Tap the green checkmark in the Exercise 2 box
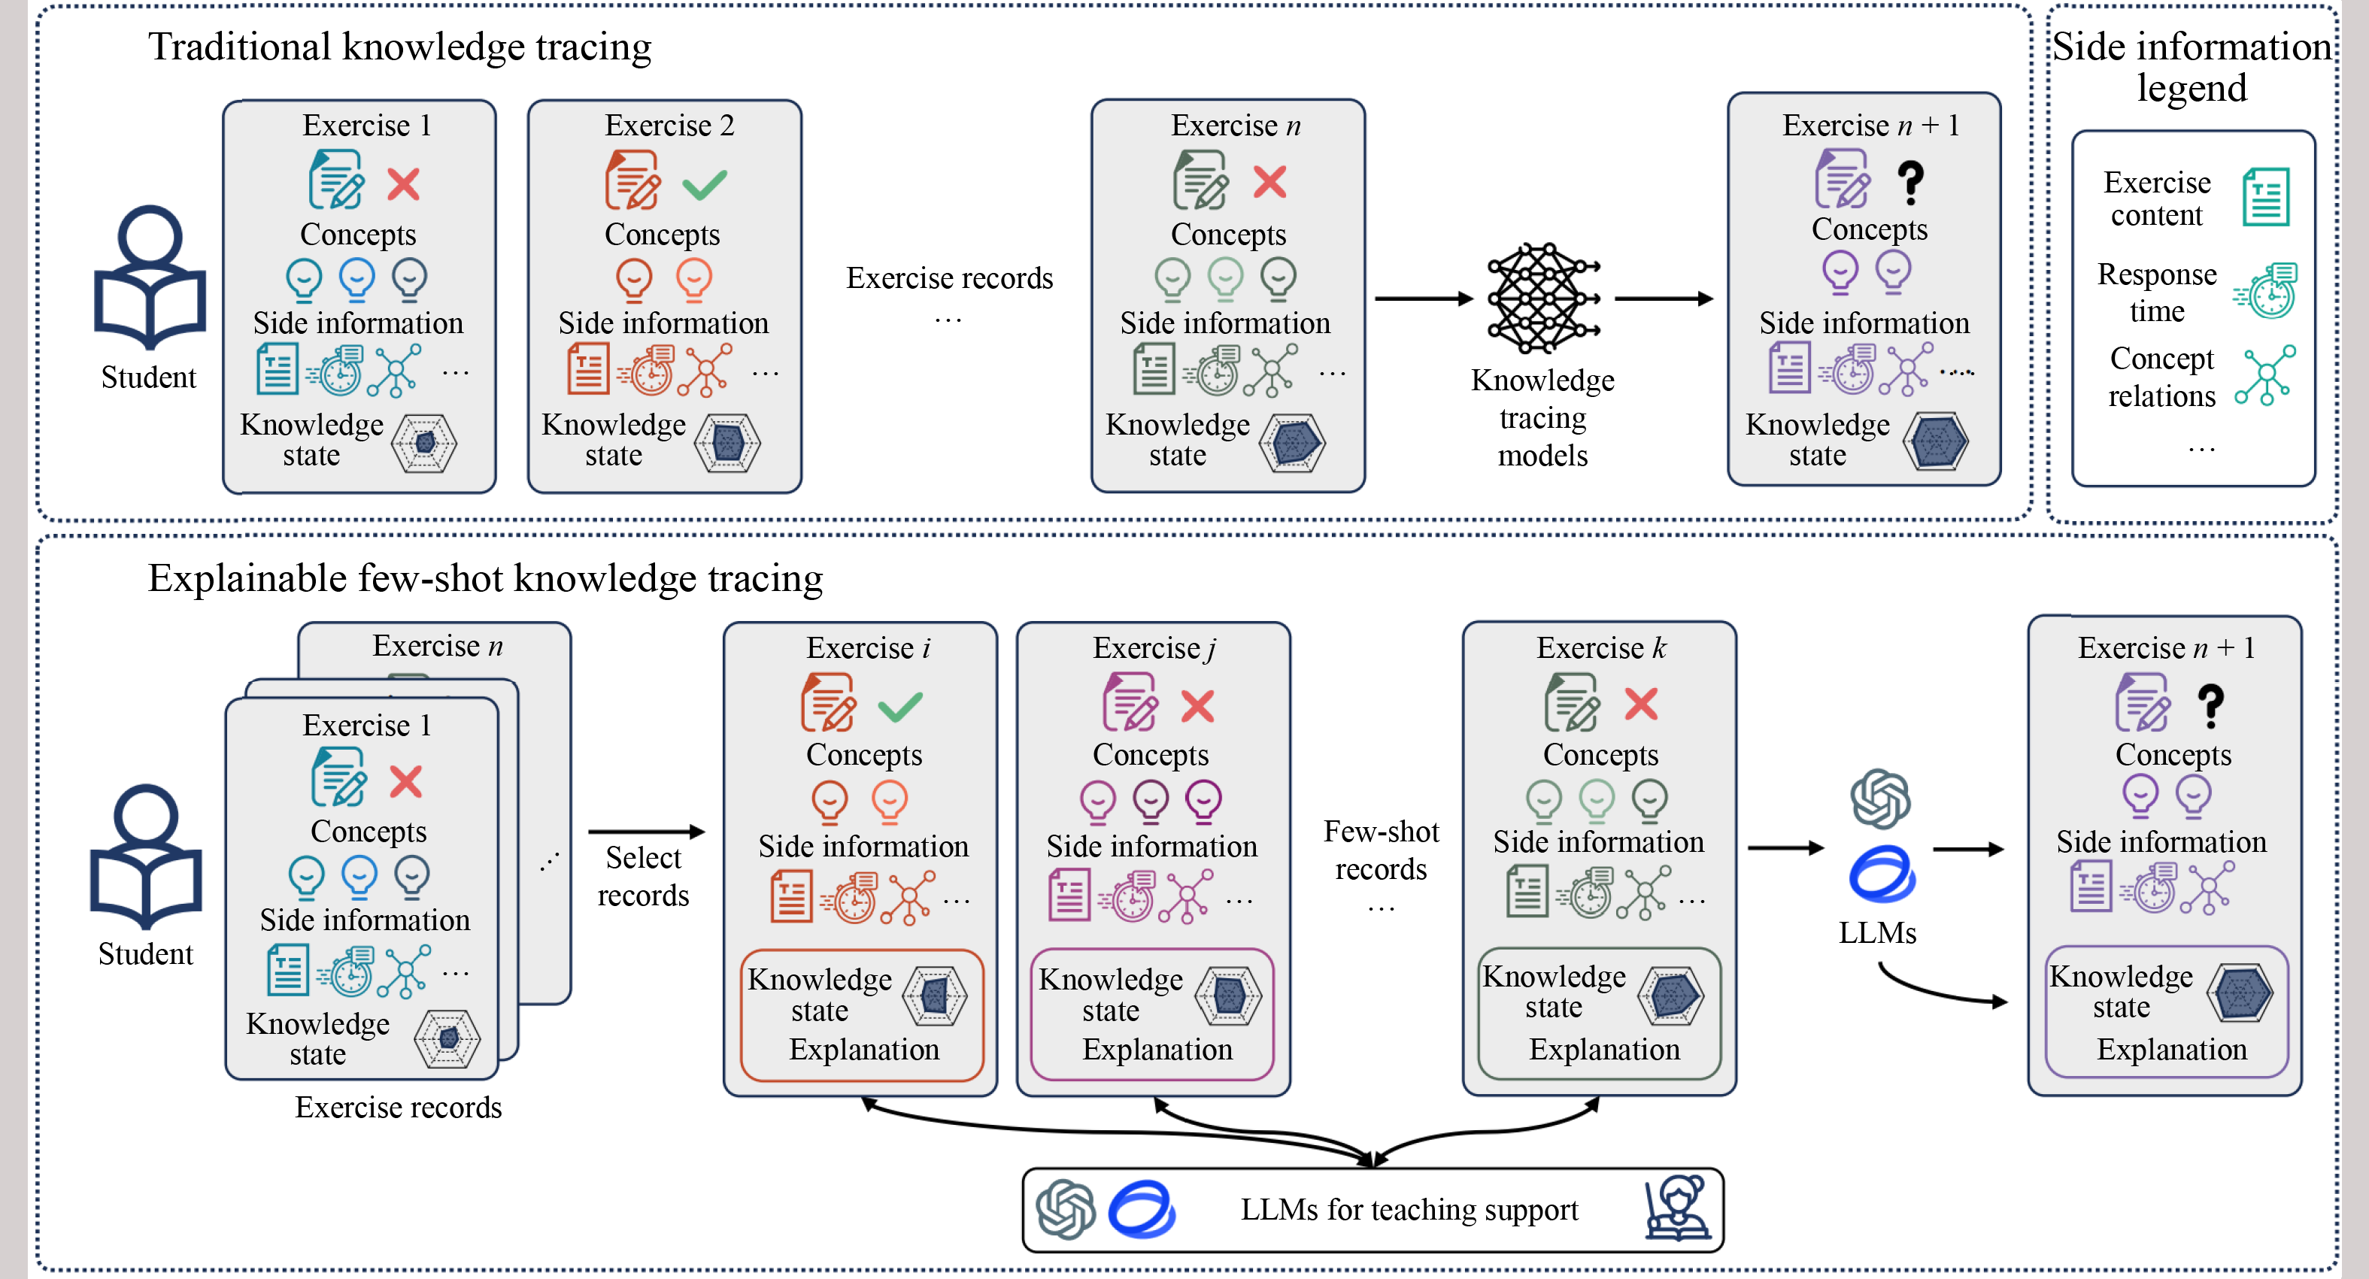point(705,184)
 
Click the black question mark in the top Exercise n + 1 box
point(1910,182)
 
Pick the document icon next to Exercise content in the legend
point(2265,197)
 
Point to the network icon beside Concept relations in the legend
point(2266,375)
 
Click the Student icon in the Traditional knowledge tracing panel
point(149,276)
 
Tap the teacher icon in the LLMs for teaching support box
point(1677,1208)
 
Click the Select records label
point(643,876)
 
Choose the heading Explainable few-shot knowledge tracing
point(484,578)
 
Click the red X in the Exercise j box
point(1197,706)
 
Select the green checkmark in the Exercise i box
point(899,706)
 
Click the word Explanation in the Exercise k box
point(1604,1049)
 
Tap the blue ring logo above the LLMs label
point(1882,874)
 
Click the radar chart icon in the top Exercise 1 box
point(424,443)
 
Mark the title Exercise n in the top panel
point(1235,125)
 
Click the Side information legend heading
point(2192,66)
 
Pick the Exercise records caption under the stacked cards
point(398,1107)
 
